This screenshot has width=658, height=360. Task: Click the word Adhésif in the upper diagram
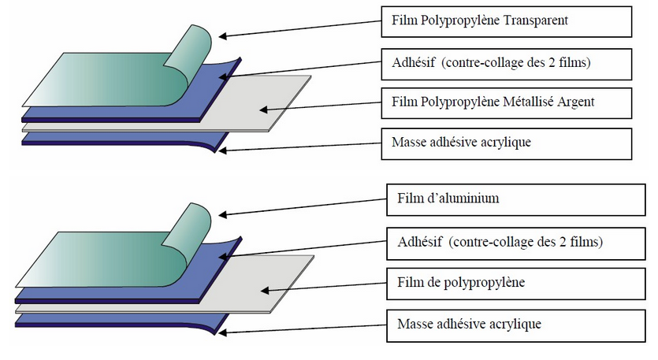point(412,61)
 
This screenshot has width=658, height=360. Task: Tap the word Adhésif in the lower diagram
point(418,241)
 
